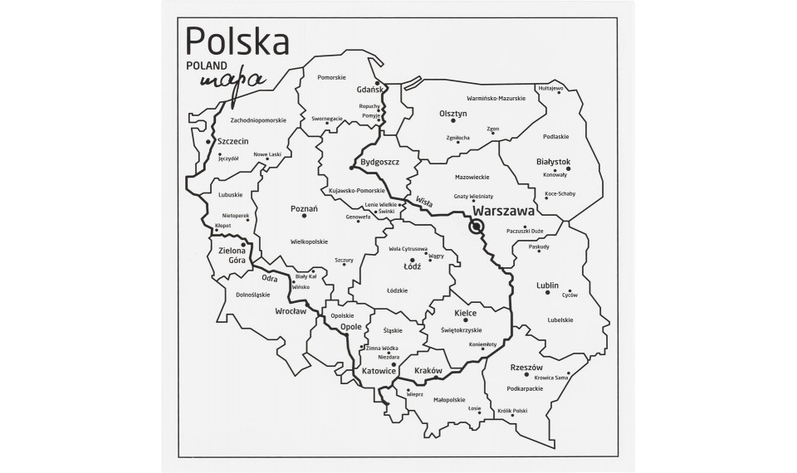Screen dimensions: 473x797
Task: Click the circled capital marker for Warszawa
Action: (477, 227)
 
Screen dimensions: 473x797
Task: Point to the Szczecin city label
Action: (233, 142)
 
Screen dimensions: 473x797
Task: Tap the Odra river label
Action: (269, 278)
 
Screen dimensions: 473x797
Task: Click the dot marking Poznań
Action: (305, 216)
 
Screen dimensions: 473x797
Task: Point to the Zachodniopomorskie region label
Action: (247, 119)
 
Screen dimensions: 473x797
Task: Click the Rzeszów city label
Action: (526, 368)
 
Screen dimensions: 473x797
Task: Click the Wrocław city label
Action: (291, 312)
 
